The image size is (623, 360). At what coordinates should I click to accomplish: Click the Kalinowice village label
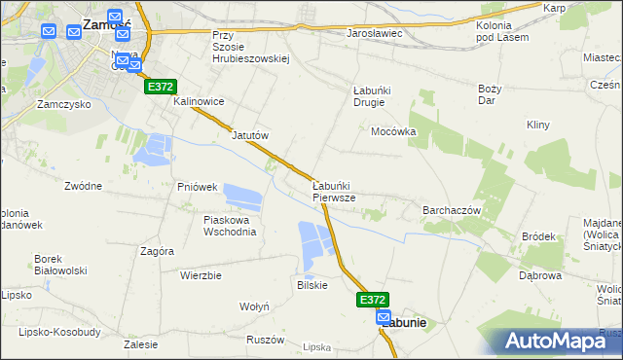200,101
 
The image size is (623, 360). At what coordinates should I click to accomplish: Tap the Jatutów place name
249,136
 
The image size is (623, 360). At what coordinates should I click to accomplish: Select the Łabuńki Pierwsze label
333,191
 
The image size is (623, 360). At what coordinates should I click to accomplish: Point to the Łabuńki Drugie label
371,98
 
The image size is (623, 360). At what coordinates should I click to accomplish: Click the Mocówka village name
393,131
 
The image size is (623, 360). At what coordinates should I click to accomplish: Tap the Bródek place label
538,236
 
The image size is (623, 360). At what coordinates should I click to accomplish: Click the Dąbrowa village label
540,275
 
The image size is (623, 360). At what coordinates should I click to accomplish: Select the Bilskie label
311,285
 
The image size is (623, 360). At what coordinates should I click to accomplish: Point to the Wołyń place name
254,306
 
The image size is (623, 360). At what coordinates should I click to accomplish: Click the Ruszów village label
265,341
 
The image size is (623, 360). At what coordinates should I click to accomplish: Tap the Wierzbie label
201,275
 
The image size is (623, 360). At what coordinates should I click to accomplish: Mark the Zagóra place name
157,251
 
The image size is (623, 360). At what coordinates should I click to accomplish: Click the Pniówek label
196,186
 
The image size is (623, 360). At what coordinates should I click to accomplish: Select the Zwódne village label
83,186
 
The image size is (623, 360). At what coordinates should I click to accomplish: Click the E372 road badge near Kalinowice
162,87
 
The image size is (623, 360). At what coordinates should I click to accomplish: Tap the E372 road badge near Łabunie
373,300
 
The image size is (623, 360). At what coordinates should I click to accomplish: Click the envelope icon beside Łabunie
385,318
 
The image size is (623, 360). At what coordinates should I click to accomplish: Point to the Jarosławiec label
375,33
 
